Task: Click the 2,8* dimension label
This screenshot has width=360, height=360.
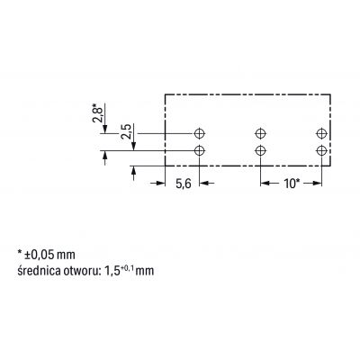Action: (x=98, y=112)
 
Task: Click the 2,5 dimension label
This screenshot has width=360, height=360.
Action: (x=126, y=131)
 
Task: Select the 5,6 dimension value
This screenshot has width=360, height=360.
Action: (x=183, y=184)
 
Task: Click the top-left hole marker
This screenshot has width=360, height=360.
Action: (x=200, y=133)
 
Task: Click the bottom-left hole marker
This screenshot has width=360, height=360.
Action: (x=200, y=150)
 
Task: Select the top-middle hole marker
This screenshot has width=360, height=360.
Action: (x=260, y=133)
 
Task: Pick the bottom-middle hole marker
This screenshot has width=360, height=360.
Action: (x=260, y=150)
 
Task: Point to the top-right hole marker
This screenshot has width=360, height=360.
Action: (x=321, y=133)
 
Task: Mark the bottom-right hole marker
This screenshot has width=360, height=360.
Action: (x=321, y=150)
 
